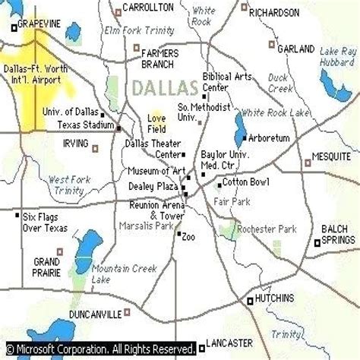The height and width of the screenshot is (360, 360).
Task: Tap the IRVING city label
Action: [x=76, y=145]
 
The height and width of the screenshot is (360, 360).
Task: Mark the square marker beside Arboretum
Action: [x=243, y=138]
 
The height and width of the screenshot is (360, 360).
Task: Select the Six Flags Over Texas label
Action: [x=45, y=221]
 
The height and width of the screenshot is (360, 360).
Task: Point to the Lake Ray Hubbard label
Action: [x=337, y=61]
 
